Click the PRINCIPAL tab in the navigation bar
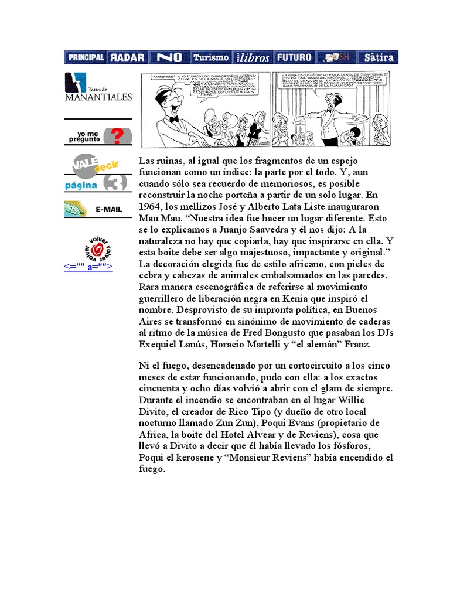coord(86,57)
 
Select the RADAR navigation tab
coord(127,57)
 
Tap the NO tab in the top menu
coord(169,57)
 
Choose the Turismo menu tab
coord(211,57)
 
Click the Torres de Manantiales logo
coord(98,87)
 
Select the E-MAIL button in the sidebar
coord(98,209)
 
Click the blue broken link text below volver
coord(88,267)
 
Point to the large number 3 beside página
coord(115,183)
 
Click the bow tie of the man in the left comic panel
coord(173,119)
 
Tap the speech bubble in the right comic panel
coord(330,82)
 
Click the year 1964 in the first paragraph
coord(150,207)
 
